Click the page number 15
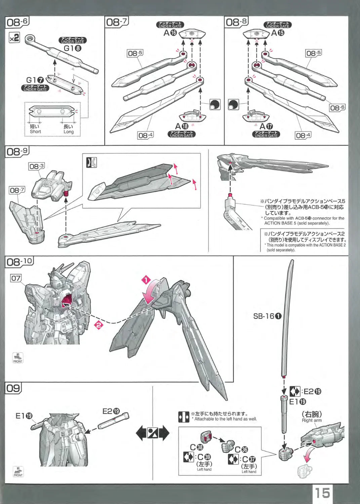322,493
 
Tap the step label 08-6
17,22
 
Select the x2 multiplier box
14,38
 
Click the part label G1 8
73,48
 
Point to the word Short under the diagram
35,132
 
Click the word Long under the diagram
68,132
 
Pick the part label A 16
170,33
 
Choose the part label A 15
278,33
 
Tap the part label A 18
182,126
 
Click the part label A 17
266,126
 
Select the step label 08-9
17,152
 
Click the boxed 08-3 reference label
37,166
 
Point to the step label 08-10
19,261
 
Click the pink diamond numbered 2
98,325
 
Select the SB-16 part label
268,316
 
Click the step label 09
13,388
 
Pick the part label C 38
197,447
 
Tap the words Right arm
312,420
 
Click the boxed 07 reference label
16,278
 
